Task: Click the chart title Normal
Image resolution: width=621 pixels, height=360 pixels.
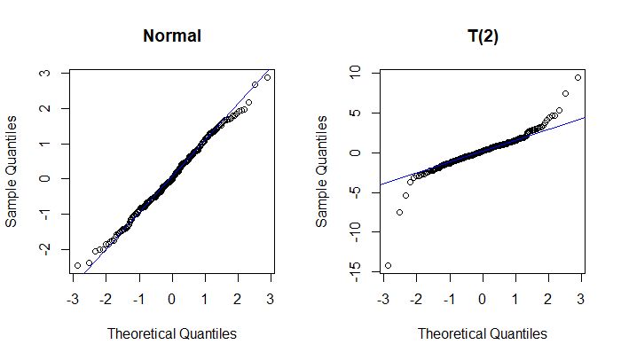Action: tap(172, 36)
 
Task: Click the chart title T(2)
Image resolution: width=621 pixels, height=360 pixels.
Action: tap(483, 36)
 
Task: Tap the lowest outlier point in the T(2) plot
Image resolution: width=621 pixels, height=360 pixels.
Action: tap(388, 265)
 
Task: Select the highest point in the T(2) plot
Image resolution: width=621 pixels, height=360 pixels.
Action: tap(578, 77)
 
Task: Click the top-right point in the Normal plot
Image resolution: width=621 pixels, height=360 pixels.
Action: tap(267, 77)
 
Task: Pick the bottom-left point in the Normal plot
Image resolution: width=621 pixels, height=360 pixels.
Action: tap(77, 265)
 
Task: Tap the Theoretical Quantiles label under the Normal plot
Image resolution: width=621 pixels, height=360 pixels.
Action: tap(172, 333)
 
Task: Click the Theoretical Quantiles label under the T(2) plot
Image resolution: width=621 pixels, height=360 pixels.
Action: tap(483, 333)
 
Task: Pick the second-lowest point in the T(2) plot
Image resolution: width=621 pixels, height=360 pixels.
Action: tap(399, 212)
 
